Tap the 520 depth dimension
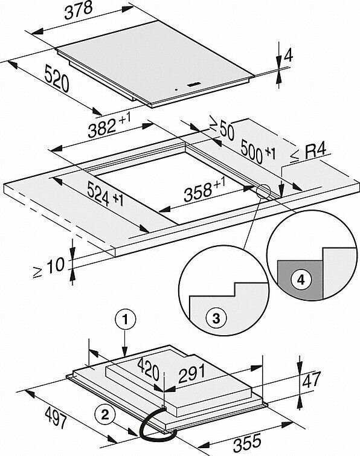click(56, 79)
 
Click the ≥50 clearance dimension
click(223, 129)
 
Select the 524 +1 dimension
click(105, 193)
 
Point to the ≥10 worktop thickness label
click(48, 268)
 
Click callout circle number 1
click(125, 320)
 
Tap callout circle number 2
click(105, 414)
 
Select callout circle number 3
click(216, 318)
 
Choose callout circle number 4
click(301, 280)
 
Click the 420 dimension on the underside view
click(149, 369)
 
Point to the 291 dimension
click(192, 374)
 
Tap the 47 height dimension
click(312, 379)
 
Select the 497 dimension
click(56, 417)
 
